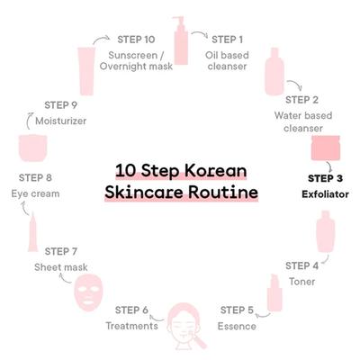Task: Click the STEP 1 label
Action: tap(227, 40)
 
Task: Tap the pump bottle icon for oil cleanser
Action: tap(181, 40)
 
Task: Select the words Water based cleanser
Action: tap(303, 121)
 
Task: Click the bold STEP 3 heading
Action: tap(325, 178)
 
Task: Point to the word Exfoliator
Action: tap(325, 194)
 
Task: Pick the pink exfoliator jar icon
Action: tap(326, 148)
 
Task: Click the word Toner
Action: tap(301, 282)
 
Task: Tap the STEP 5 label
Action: tap(237, 310)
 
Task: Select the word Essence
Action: tap(237, 326)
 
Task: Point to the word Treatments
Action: tap(131, 326)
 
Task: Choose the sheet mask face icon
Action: tap(88, 293)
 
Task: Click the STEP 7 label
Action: tap(61, 251)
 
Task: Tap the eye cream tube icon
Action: tap(32, 232)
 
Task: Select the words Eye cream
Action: tap(35, 193)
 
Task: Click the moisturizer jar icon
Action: tap(33, 148)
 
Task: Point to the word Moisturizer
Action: tap(61, 121)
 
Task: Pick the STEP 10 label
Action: tap(136, 40)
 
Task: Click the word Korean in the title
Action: tap(215, 170)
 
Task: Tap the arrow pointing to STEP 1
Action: tap(200, 33)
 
